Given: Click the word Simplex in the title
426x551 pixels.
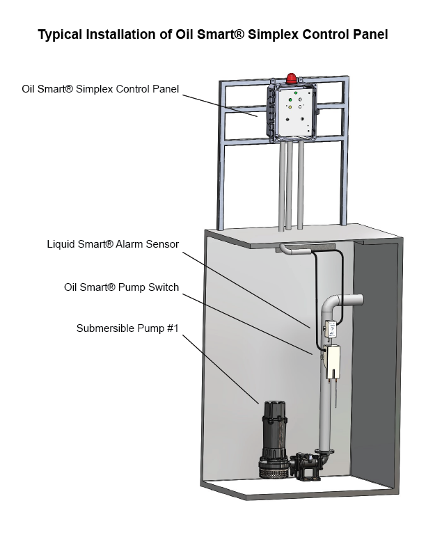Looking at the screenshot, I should [268, 33].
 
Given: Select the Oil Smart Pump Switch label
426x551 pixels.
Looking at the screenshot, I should [122, 287].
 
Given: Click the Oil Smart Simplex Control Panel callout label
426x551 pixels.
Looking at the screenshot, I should [100, 89].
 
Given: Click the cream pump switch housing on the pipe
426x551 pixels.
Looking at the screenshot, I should [333, 361].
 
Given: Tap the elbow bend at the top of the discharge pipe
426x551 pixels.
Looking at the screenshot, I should [333, 304].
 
